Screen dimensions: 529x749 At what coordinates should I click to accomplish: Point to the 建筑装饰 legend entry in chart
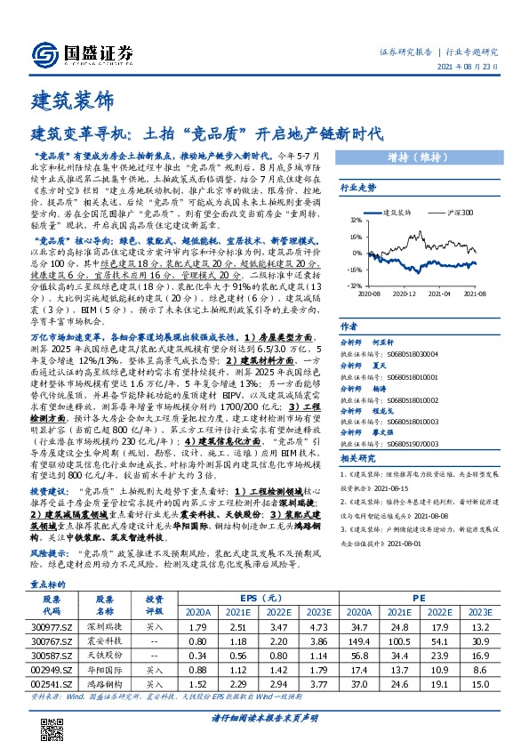[x=398, y=213]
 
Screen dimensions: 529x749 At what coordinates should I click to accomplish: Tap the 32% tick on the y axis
[x=353, y=220]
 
